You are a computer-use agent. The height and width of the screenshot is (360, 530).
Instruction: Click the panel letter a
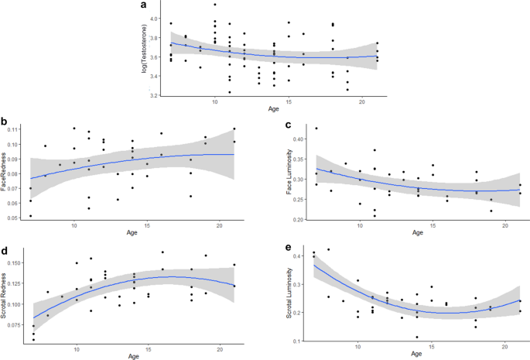[x=143, y=5]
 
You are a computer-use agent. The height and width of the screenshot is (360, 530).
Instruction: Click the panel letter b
[x=5, y=122]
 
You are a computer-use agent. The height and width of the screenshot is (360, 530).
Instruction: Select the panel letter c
[x=288, y=124]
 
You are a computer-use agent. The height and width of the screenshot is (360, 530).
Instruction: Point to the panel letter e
[x=288, y=249]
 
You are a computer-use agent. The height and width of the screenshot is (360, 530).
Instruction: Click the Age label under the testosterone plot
[x=273, y=109]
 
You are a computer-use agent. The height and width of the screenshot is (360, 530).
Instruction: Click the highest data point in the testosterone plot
[x=214, y=5]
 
